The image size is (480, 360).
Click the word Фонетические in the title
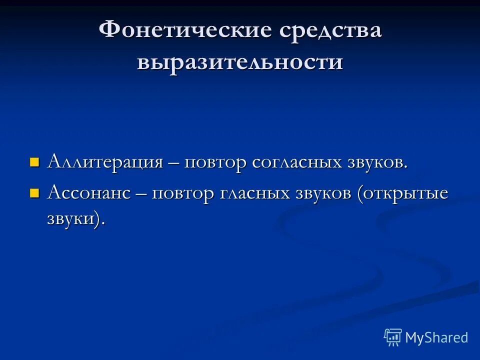point(185,31)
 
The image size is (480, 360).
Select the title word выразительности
point(240,62)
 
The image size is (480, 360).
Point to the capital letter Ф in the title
point(110,31)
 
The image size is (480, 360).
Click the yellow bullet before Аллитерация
point(34,162)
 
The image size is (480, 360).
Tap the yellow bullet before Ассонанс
point(34,193)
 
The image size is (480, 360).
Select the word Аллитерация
point(105,162)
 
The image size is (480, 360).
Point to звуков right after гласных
point(325,194)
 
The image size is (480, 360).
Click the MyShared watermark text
point(436,337)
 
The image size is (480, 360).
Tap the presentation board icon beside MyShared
point(393,337)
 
